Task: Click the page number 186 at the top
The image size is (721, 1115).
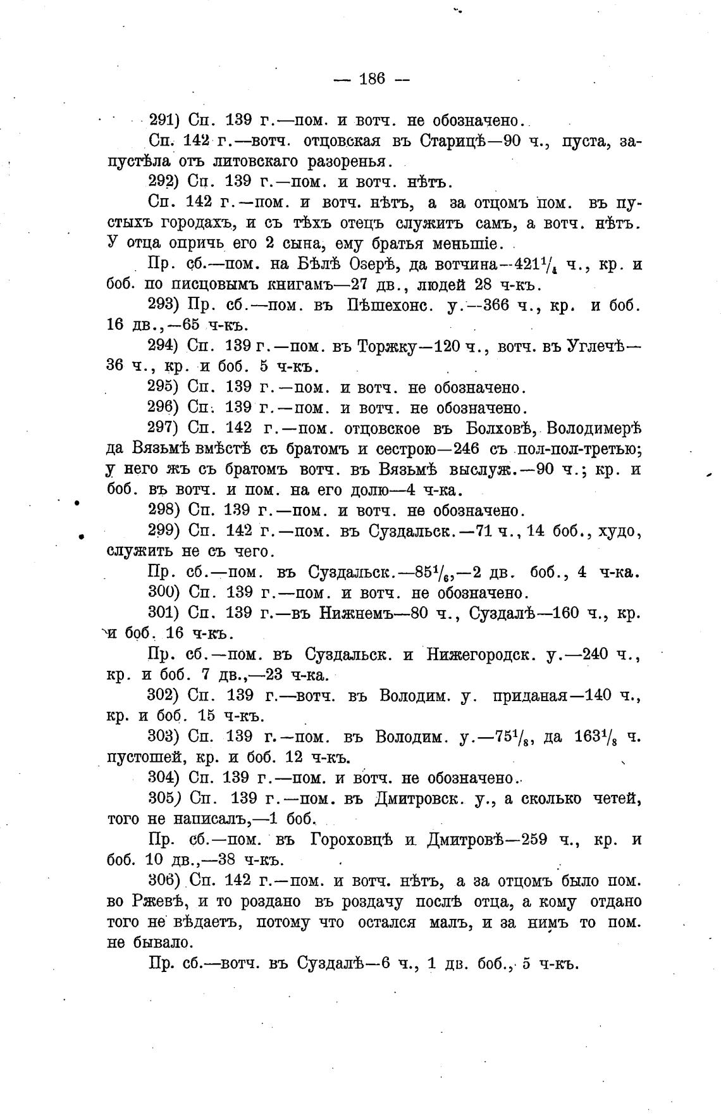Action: coord(372,79)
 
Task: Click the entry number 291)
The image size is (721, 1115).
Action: coord(165,120)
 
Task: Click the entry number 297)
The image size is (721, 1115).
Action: coord(165,428)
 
